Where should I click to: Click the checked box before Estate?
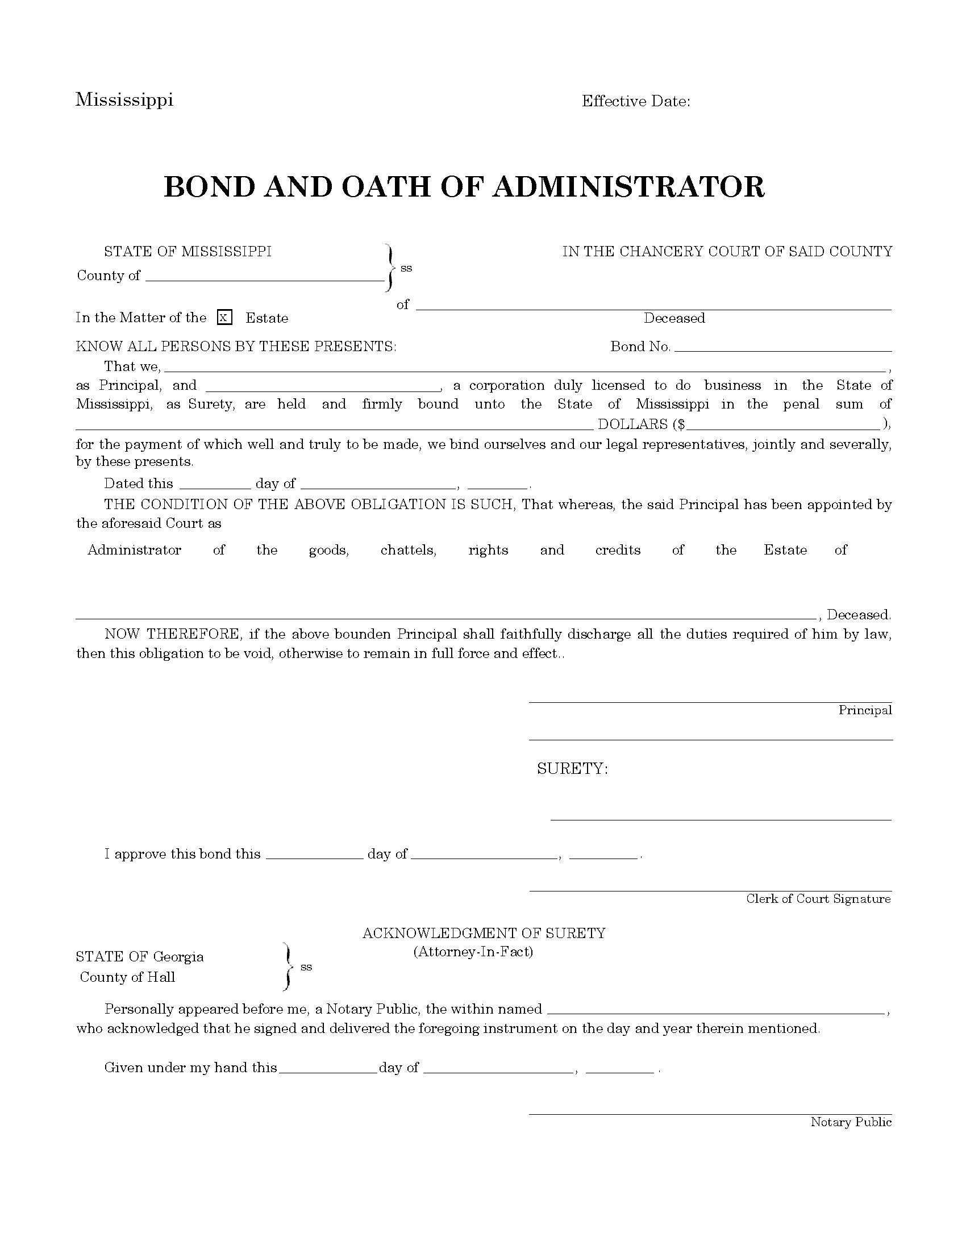[x=225, y=317]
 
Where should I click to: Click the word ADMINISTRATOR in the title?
[x=628, y=186]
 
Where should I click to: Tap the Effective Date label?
[x=635, y=101]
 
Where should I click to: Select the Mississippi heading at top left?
[x=124, y=99]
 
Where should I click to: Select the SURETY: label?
[x=572, y=769]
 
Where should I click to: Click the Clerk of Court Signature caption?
[x=818, y=899]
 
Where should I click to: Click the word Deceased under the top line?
[x=673, y=318]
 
